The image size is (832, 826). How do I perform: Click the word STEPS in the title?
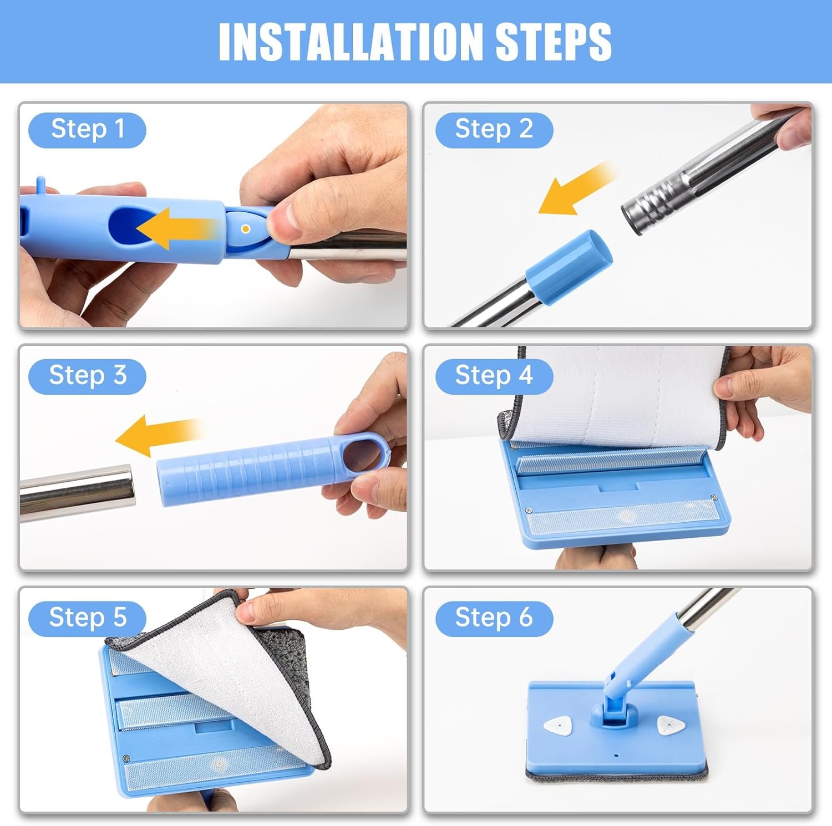coord(554,42)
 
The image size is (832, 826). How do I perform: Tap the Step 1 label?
coord(87,130)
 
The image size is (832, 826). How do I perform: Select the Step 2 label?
coord(494,130)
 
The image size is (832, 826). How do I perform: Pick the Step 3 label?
coord(87,376)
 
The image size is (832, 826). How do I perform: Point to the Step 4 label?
coord(494,376)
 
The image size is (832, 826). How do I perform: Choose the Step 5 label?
coord(87,618)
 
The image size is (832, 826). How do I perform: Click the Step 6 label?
coord(494,618)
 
